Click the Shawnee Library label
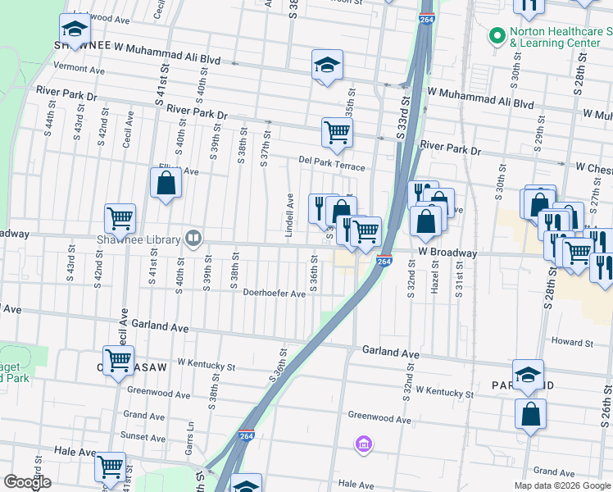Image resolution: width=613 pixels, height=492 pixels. point(138,239)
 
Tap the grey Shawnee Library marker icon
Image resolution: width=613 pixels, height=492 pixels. point(193,238)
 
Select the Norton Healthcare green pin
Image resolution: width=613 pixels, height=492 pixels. point(496,35)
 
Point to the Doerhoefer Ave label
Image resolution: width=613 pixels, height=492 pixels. point(274,294)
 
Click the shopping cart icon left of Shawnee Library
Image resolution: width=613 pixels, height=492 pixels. point(120,219)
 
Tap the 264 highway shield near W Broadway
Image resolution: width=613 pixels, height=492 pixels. point(384,261)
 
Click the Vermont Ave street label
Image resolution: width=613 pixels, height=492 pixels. point(80,71)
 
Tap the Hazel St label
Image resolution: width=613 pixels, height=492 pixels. point(434,276)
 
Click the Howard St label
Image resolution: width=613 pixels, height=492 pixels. point(571,342)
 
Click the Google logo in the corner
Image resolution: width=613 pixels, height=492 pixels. point(28,482)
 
